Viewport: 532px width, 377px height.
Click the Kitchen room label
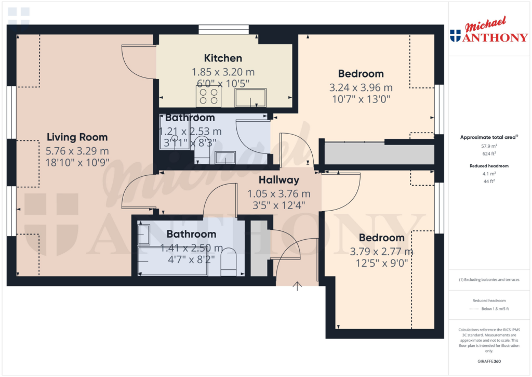pyautogui.click(x=223, y=58)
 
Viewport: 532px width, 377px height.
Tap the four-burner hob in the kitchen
pyautogui.click(x=208, y=96)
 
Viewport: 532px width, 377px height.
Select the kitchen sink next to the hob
pyautogui.click(x=250, y=97)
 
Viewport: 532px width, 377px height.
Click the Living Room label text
pyautogui.click(x=77, y=137)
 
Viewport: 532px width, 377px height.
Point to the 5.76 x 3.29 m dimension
pyautogui.click(x=77, y=151)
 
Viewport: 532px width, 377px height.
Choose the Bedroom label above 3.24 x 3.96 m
pyautogui.click(x=361, y=73)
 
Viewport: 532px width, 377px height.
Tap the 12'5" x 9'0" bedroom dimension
pyautogui.click(x=382, y=263)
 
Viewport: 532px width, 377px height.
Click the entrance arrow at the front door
pyautogui.click(x=297, y=285)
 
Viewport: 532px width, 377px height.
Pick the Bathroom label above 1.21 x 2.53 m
pyautogui.click(x=190, y=118)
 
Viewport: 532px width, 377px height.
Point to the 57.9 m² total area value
pyautogui.click(x=488, y=147)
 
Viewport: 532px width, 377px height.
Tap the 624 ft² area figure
pyautogui.click(x=488, y=154)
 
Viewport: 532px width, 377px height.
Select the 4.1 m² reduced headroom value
pyautogui.click(x=488, y=174)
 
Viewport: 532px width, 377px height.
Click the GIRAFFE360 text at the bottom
pyautogui.click(x=488, y=361)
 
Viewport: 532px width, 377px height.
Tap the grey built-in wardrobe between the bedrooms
pyautogui.click(x=379, y=154)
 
